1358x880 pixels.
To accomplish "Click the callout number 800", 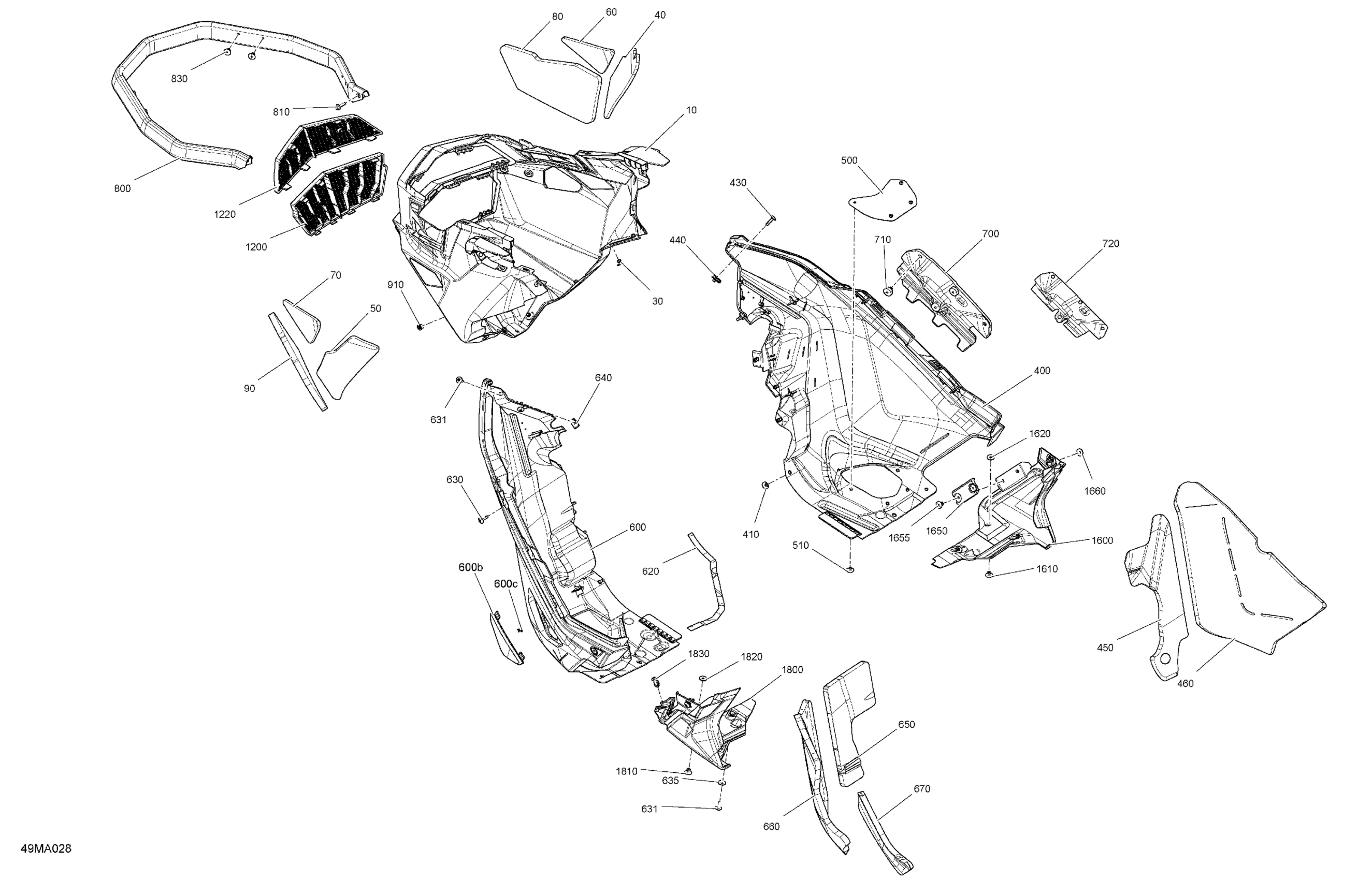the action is pos(122,189).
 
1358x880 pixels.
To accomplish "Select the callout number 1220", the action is pos(225,214).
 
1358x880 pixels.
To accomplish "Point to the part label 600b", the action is pos(471,567).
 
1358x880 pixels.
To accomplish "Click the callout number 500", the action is pos(849,161).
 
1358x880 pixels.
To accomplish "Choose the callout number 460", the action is pos(1185,684).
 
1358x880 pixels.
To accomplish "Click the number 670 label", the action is pos(922,789).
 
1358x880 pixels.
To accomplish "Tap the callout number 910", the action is pos(395,285).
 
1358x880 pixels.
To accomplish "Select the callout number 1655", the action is pos(899,538).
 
